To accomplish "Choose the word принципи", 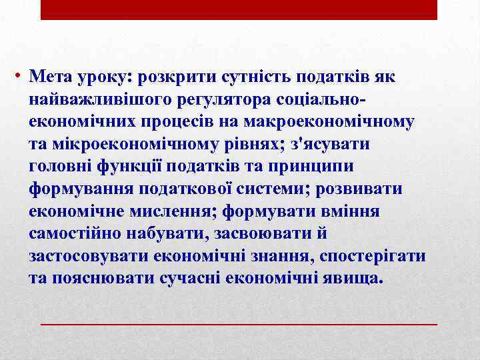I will click(312, 167).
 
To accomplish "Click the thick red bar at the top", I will click(239, 9).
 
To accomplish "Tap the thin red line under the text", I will click(239, 323).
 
